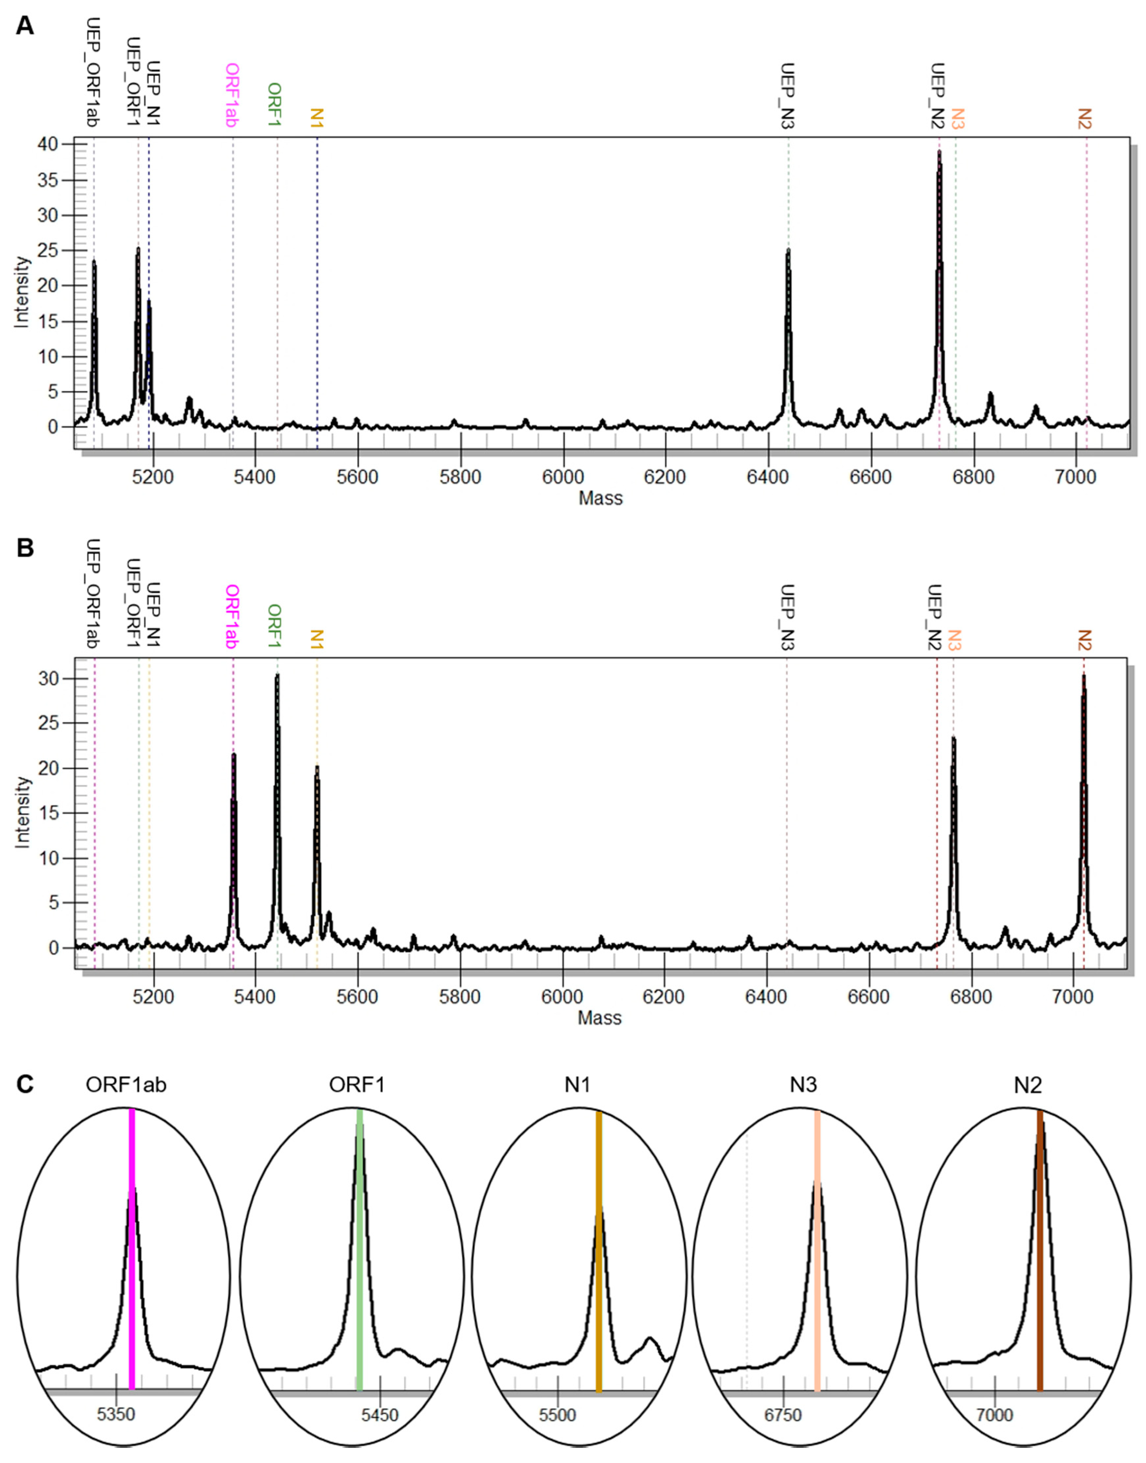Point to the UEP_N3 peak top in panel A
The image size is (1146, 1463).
pos(788,250)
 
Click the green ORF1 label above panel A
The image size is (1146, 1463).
pos(274,104)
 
